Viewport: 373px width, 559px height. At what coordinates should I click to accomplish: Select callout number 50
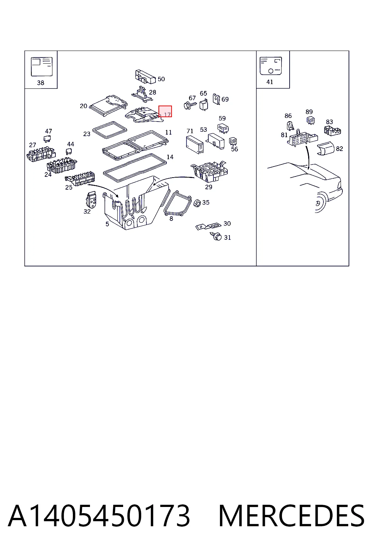[x=161, y=79]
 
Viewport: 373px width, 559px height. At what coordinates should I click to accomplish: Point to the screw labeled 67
[x=190, y=105]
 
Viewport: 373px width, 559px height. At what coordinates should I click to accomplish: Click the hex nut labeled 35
[x=197, y=203]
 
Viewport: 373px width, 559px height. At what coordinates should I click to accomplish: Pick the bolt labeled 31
[x=217, y=236]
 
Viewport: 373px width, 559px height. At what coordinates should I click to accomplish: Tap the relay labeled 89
[x=311, y=120]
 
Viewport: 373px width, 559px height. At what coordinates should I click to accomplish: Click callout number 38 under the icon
[x=40, y=83]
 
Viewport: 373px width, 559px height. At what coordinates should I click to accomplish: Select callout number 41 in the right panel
[x=270, y=82]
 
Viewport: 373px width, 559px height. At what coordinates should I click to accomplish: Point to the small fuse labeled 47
[x=47, y=139]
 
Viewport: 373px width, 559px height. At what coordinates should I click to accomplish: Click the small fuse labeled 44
[x=69, y=151]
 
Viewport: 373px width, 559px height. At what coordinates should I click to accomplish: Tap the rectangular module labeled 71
[x=195, y=145]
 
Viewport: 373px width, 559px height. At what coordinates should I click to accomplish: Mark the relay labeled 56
[x=233, y=142]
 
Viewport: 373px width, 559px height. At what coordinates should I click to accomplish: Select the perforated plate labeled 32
[x=91, y=200]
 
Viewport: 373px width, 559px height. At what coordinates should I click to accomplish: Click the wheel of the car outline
[x=320, y=202]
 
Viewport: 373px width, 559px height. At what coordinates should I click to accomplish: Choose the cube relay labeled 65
[x=204, y=104]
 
